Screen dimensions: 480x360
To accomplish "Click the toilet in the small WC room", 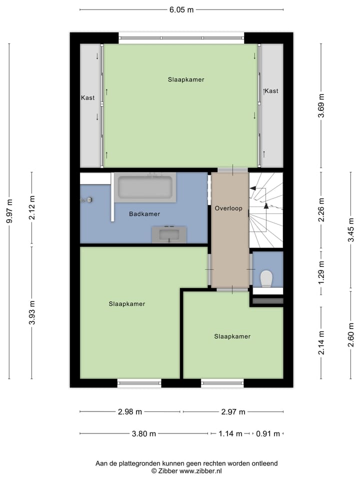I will coord(266,278).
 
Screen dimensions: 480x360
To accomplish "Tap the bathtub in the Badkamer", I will coord(144,187).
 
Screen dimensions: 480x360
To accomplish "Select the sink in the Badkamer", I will coord(169,233).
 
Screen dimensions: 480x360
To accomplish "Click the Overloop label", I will coord(228,208).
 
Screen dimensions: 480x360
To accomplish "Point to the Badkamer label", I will coord(144,214).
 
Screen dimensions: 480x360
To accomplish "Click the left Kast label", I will coord(88,98).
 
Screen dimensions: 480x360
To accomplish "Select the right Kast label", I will coord(271,91).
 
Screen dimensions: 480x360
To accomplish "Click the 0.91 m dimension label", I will coord(268,433).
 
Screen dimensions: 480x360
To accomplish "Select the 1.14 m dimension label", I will coord(230,433).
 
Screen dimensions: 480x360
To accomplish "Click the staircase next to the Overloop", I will coord(266,210).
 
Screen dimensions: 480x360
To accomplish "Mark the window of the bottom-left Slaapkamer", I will coord(139,383).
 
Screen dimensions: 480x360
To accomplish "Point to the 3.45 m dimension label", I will coord(351,226).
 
